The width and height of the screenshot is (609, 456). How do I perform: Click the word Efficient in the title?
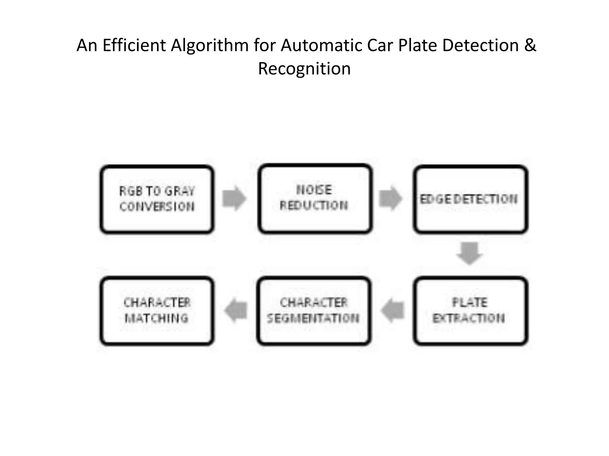click(134, 45)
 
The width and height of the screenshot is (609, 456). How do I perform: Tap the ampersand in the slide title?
click(530, 45)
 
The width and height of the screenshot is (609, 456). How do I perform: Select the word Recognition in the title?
click(304, 69)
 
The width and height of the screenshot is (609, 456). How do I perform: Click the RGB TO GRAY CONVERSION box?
click(157, 199)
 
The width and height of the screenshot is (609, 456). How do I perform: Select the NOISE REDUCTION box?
click(315, 199)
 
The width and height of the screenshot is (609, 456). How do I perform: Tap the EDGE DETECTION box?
click(470, 199)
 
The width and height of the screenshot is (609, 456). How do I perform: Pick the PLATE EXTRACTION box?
click(470, 311)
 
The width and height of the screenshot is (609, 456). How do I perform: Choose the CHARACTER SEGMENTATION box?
click(314, 311)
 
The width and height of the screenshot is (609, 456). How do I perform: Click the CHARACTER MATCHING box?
click(157, 311)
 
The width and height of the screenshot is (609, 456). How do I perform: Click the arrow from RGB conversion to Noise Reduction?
click(234, 198)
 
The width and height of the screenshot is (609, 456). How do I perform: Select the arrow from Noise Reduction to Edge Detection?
click(390, 198)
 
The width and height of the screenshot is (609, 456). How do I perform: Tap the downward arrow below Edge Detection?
click(469, 253)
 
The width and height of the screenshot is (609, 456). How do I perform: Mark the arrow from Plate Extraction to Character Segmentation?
click(393, 311)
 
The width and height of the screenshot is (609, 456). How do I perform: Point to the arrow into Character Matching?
click(236, 311)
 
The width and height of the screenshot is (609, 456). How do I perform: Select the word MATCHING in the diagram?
click(157, 318)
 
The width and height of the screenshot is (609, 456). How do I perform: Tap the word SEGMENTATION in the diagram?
click(313, 318)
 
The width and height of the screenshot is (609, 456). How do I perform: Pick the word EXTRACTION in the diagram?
click(469, 318)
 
